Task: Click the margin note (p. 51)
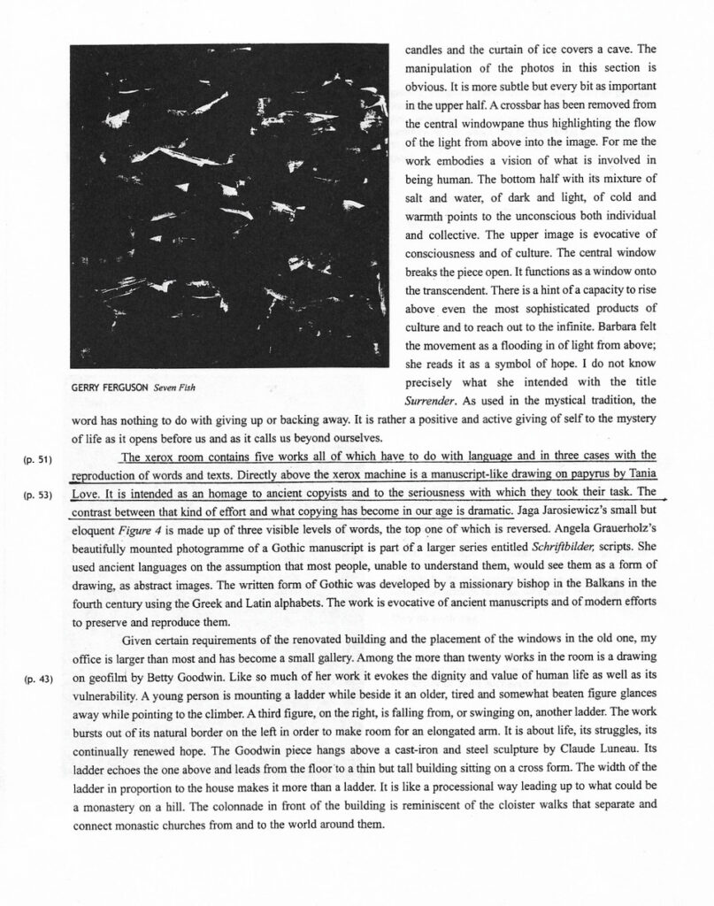pyautogui.click(x=37, y=459)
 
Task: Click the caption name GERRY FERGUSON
pyautogui.click(x=110, y=388)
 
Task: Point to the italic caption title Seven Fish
pyautogui.click(x=173, y=388)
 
